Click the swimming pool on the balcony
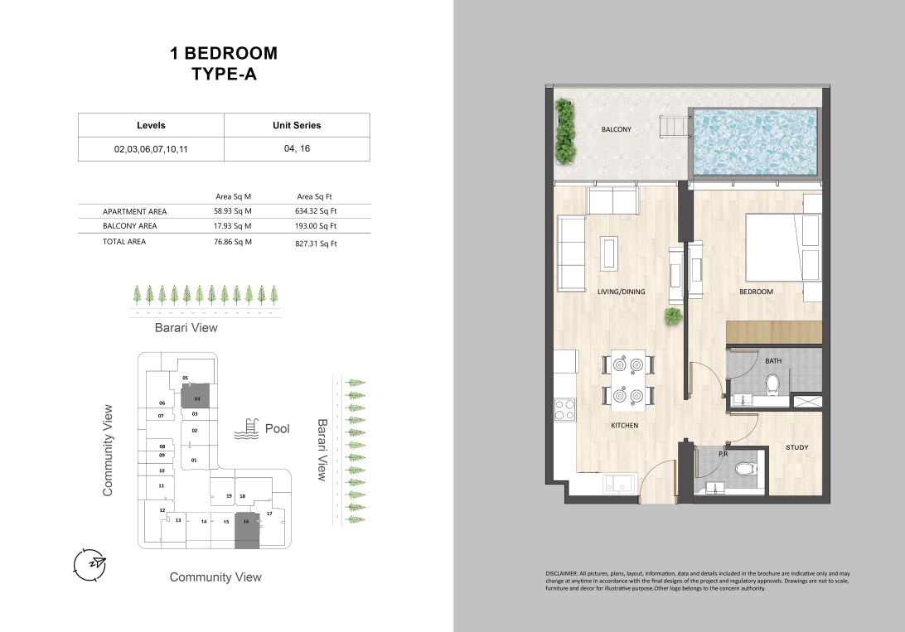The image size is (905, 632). tap(755, 142)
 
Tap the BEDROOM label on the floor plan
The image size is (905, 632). tap(756, 292)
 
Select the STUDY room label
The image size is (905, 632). tap(797, 447)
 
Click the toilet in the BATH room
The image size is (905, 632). tap(772, 383)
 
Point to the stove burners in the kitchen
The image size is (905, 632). tap(564, 409)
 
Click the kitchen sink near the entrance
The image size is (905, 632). tap(619, 484)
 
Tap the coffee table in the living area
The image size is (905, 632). tap(609, 253)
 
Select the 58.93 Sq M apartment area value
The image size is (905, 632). tap(233, 211)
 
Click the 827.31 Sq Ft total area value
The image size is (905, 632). tap(316, 244)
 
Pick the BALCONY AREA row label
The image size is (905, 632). tap(130, 226)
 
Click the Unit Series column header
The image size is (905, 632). tap(297, 125)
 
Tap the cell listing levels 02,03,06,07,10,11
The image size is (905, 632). tap(151, 149)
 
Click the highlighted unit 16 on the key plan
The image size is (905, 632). tap(247, 530)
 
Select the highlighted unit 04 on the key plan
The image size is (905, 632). tap(195, 397)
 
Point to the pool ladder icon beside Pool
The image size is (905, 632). tap(246, 429)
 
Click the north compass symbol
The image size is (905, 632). tap(90, 565)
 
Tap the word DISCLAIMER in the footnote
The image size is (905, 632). tap(562, 574)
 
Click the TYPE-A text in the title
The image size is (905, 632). tap(224, 75)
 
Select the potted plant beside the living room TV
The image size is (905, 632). tap(673, 316)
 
